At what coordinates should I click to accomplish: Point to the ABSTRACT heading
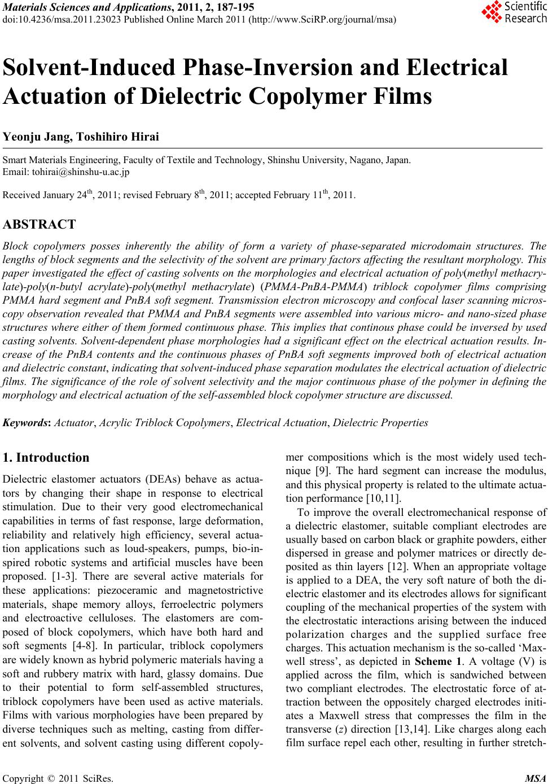click(39, 225)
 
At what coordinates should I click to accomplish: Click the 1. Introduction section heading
click(46, 458)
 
